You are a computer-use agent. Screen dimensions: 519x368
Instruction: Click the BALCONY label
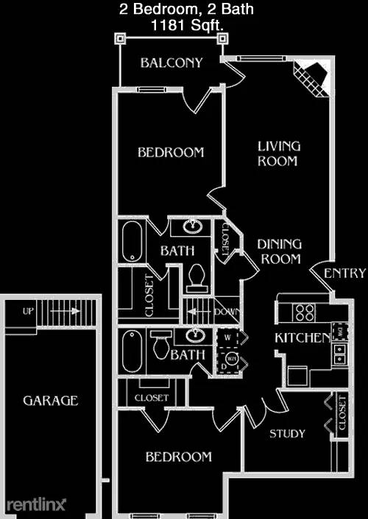coord(171,62)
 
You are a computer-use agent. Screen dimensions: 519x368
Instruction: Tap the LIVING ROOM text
coord(278,154)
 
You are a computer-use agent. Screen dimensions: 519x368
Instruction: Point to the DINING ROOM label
coord(279,251)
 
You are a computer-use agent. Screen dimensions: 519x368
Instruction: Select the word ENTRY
coord(344,273)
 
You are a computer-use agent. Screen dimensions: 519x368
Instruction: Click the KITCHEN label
coord(302,338)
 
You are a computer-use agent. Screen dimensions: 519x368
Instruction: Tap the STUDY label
coord(287,434)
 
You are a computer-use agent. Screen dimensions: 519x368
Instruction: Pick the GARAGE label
coord(50,401)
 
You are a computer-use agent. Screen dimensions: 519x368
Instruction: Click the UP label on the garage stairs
coord(28,311)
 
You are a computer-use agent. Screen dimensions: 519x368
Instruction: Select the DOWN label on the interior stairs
coord(227,312)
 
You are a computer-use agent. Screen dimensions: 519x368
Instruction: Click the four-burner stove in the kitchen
coord(305,312)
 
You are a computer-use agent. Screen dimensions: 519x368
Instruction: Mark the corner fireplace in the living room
coord(311,76)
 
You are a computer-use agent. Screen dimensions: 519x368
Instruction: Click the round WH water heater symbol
coord(232,359)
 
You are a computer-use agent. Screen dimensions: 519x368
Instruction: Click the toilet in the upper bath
coord(196,277)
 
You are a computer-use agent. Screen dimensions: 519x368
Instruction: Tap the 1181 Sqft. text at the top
coord(183,26)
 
